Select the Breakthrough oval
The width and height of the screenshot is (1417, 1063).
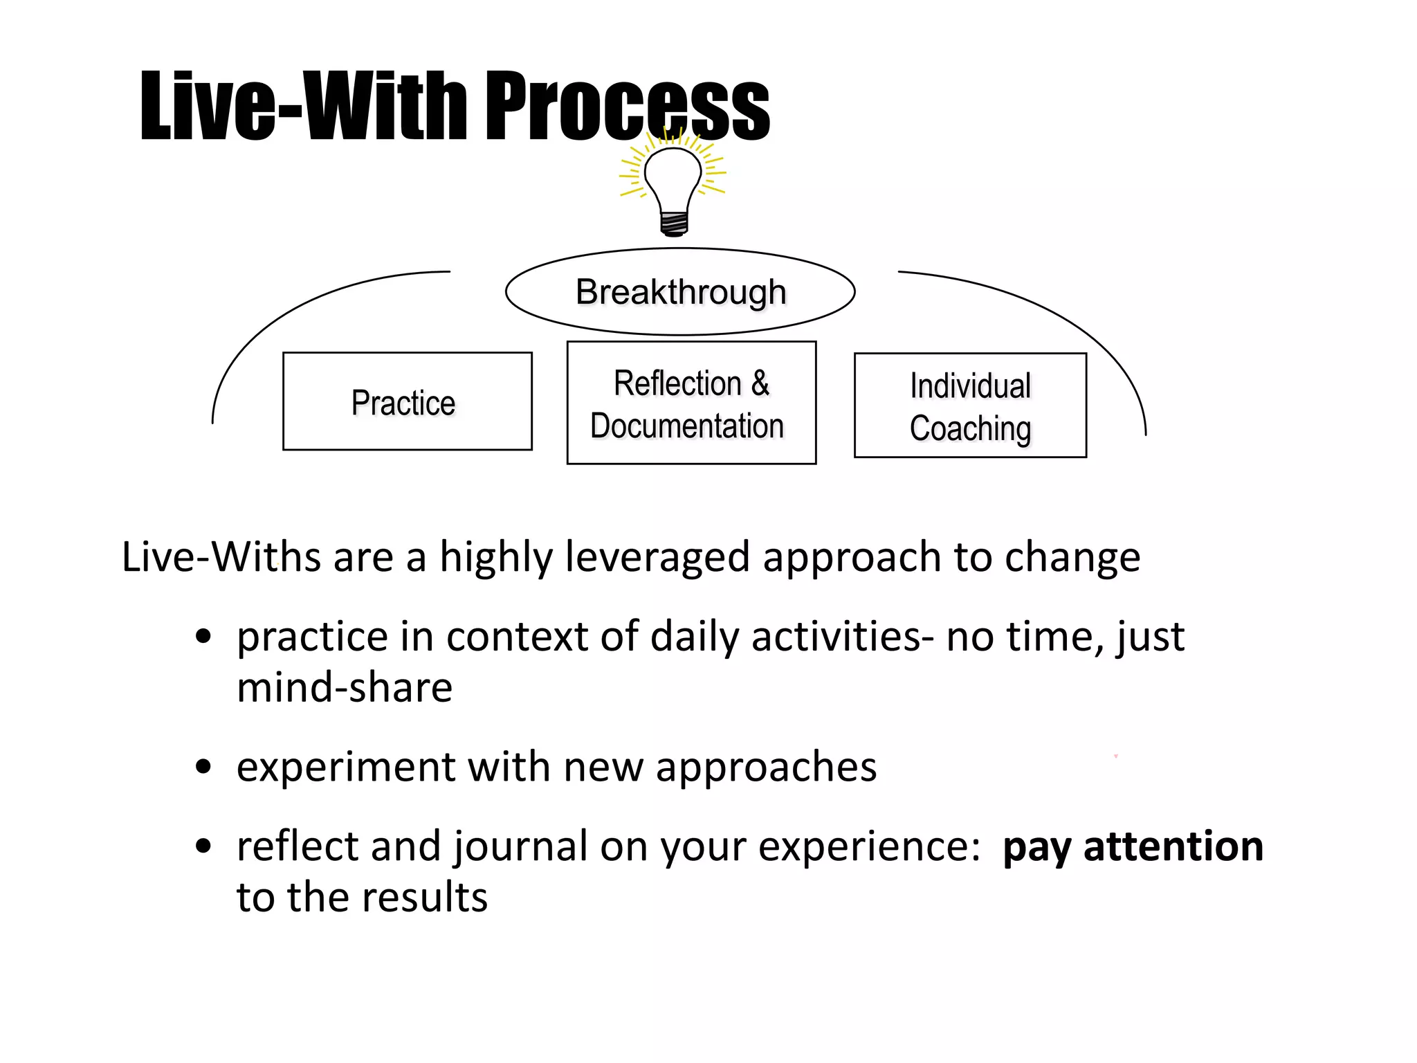[x=680, y=292]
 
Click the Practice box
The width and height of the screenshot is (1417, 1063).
[x=407, y=401]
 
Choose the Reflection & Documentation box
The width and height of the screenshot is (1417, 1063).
[x=691, y=403]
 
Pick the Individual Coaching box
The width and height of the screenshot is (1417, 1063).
[x=969, y=406]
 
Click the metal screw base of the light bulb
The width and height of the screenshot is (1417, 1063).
[x=674, y=223]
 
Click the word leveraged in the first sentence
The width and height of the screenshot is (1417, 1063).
[x=657, y=557]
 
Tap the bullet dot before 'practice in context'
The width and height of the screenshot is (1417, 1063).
[x=203, y=637]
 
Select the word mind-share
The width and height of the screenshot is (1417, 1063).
[x=345, y=688]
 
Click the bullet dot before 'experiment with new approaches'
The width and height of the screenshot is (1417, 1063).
[x=203, y=767]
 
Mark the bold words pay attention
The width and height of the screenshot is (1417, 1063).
[x=1133, y=846]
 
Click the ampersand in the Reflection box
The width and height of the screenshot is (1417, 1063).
[x=760, y=383]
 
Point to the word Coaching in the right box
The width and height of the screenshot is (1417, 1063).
[x=970, y=428]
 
